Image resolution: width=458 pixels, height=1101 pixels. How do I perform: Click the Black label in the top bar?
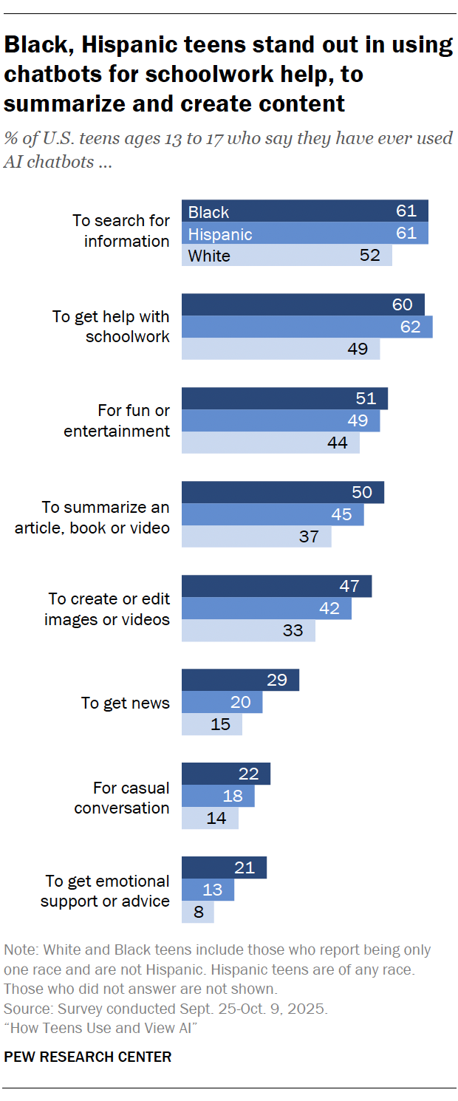click(x=209, y=212)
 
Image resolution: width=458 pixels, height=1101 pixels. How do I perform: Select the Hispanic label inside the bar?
click(x=220, y=234)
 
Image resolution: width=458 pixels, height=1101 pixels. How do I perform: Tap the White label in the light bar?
click(x=209, y=256)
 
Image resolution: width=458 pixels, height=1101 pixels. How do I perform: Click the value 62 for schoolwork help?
click(x=410, y=327)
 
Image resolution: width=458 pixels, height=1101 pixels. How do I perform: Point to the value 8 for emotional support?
click(x=198, y=912)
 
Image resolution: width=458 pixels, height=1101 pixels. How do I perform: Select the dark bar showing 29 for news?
click(x=240, y=681)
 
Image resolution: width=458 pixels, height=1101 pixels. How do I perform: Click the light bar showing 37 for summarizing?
click(x=256, y=536)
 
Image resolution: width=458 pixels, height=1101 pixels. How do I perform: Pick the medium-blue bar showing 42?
click(x=266, y=608)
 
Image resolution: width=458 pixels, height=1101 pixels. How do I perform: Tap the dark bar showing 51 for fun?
click(x=284, y=398)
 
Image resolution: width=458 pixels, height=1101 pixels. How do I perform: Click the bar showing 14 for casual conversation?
click(x=210, y=818)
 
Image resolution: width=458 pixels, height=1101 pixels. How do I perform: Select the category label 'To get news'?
click(x=126, y=703)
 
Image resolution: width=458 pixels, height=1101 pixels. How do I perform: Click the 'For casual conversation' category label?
click(x=122, y=797)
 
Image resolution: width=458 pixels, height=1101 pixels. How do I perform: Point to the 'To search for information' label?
click(x=121, y=231)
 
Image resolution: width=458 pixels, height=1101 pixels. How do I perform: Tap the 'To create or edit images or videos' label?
click(x=107, y=609)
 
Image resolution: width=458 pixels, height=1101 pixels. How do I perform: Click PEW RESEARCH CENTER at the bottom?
click(x=87, y=1057)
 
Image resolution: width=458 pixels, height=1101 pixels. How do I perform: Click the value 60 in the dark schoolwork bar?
click(x=402, y=304)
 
